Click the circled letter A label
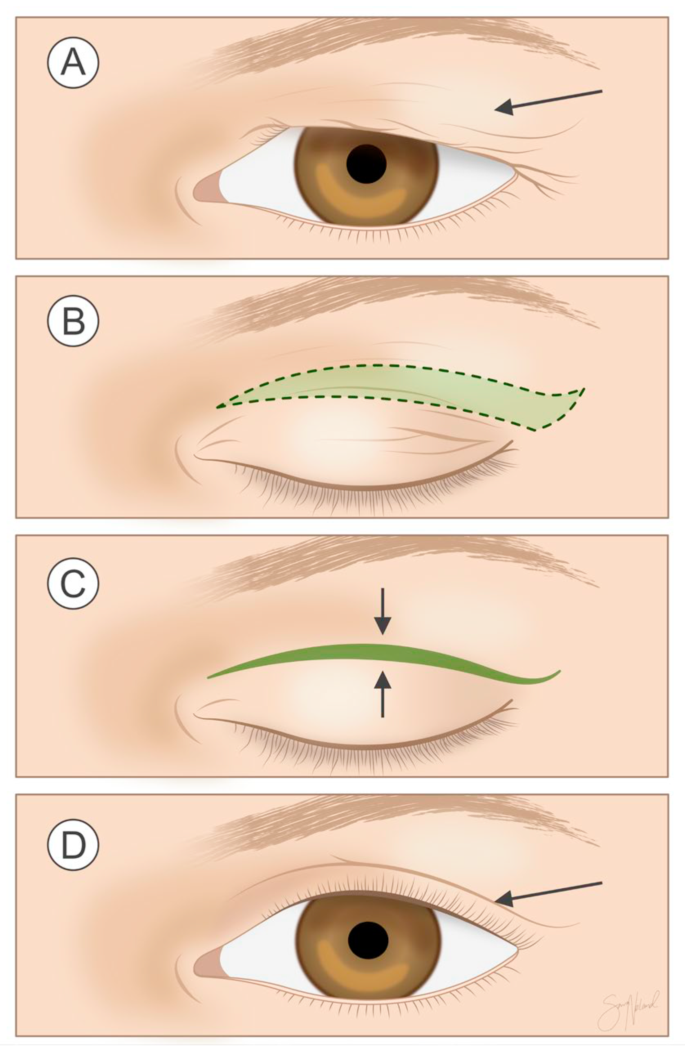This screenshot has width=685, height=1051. click(x=73, y=63)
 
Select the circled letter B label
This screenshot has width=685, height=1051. click(x=73, y=321)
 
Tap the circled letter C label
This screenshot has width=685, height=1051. click(x=73, y=584)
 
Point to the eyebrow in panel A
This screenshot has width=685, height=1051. click(x=398, y=38)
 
